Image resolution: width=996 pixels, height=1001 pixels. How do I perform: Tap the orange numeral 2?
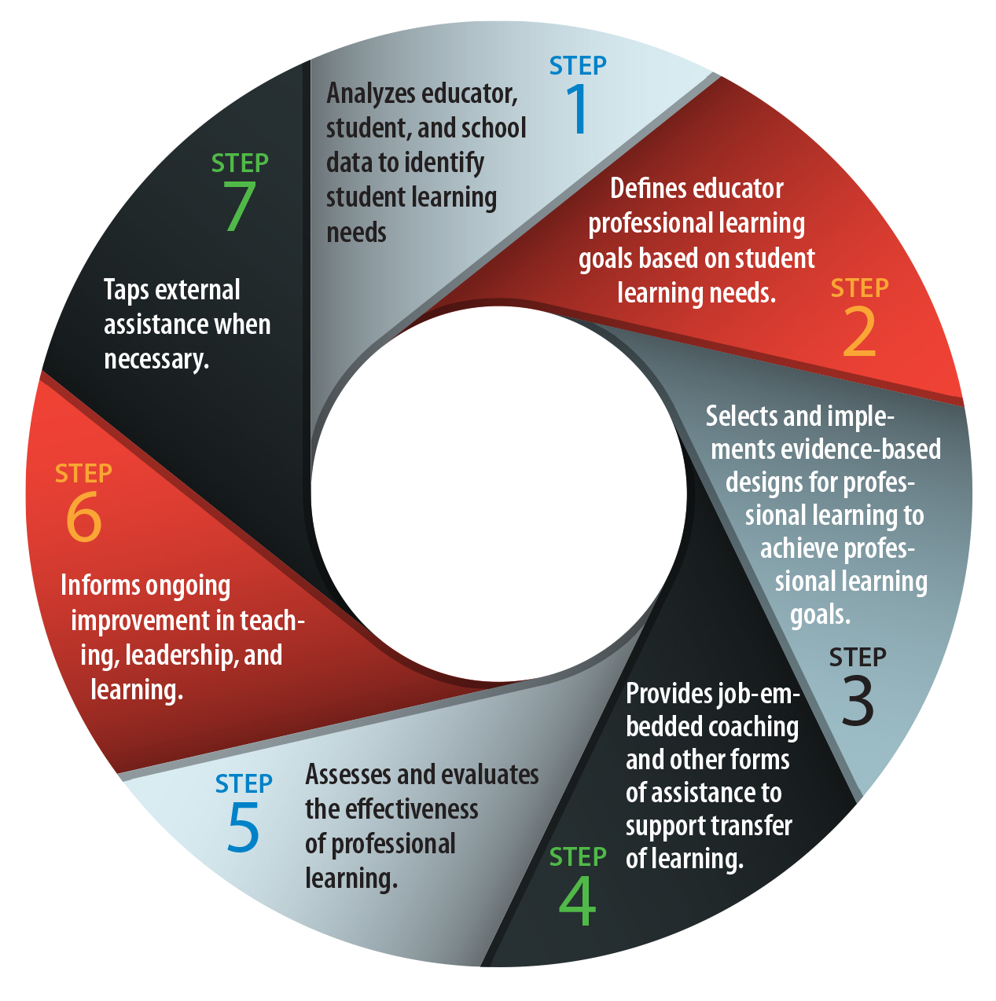(x=859, y=332)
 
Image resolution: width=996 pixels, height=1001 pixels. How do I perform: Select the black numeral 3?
(x=857, y=700)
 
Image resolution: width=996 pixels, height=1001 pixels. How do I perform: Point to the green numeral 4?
(x=578, y=900)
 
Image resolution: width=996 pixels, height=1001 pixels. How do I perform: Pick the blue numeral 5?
(x=244, y=827)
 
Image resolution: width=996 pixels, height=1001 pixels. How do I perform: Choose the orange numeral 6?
(x=84, y=517)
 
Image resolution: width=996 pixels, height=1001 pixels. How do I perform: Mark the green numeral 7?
(x=240, y=207)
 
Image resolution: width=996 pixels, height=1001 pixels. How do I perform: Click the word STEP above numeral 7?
(x=240, y=163)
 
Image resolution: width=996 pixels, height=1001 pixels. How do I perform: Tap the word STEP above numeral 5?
(x=244, y=783)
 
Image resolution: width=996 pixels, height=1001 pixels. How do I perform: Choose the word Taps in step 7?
(x=126, y=291)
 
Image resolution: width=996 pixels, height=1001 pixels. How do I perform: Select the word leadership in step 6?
(x=181, y=655)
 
